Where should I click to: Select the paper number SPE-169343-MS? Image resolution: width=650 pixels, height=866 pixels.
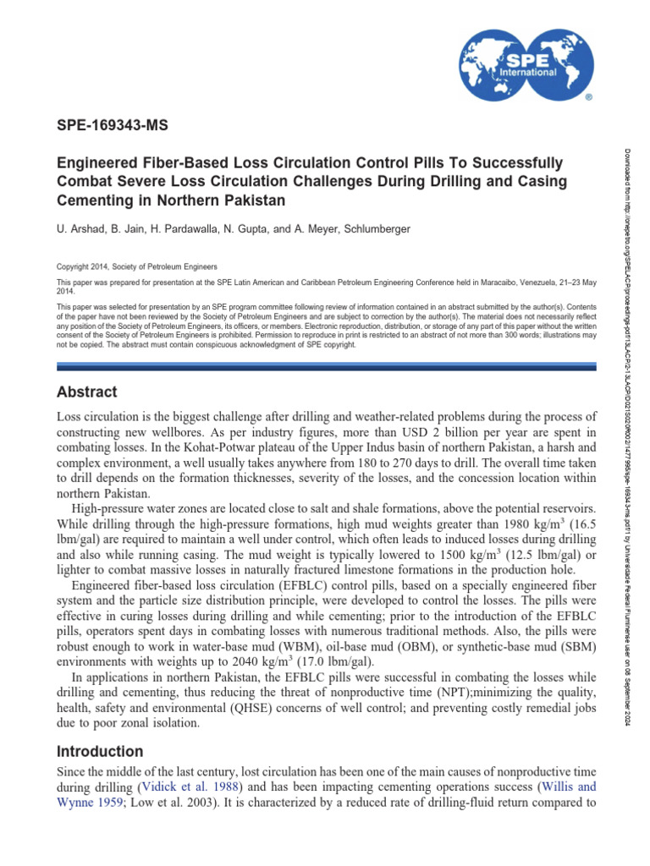click(112, 126)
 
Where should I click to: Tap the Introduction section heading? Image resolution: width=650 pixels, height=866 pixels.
click(99, 751)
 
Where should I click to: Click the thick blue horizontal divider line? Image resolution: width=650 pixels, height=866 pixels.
click(326, 366)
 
